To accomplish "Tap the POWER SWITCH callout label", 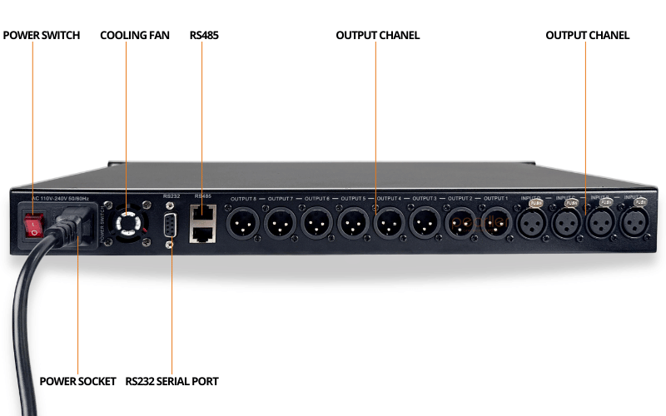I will click(42, 36).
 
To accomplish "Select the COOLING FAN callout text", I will click(134, 36).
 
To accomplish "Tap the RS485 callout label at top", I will click(204, 36).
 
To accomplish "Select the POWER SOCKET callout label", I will click(77, 381).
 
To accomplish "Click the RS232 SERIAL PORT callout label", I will click(171, 381).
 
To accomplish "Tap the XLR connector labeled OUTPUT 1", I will click(496, 223).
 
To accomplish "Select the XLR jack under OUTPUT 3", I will click(424, 223).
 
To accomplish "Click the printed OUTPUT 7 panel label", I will click(281, 199).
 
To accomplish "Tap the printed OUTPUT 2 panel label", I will click(460, 199).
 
